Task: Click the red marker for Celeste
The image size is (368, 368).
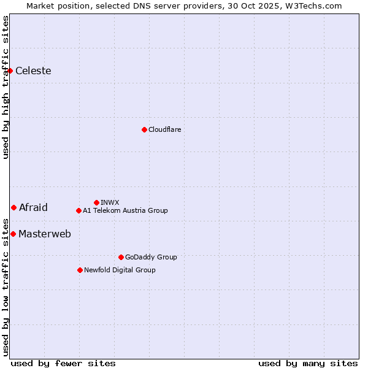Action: tap(10, 71)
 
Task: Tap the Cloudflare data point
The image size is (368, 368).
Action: tap(144, 129)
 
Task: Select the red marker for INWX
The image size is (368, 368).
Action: tap(96, 202)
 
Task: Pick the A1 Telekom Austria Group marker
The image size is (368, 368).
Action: tap(79, 210)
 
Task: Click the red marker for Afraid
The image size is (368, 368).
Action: tap(13, 207)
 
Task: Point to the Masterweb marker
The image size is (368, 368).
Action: tap(13, 234)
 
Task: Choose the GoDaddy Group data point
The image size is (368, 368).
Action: tap(121, 257)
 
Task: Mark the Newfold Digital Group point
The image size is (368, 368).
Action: tap(80, 270)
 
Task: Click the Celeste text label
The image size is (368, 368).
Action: tap(33, 71)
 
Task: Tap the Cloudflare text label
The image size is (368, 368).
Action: tap(165, 129)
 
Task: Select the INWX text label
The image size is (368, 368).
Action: tap(110, 202)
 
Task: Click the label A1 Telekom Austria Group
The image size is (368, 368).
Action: tap(125, 210)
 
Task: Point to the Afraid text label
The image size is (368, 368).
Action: tap(33, 207)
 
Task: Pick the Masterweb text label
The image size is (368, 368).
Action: tap(45, 234)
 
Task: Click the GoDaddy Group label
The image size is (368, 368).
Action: tap(151, 257)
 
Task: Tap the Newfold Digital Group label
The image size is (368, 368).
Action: tap(120, 270)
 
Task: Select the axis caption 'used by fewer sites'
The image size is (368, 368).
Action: tap(63, 363)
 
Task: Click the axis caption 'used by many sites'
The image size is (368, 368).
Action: tap(308, 363)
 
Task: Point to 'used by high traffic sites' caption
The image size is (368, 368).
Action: tap(6, 87)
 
